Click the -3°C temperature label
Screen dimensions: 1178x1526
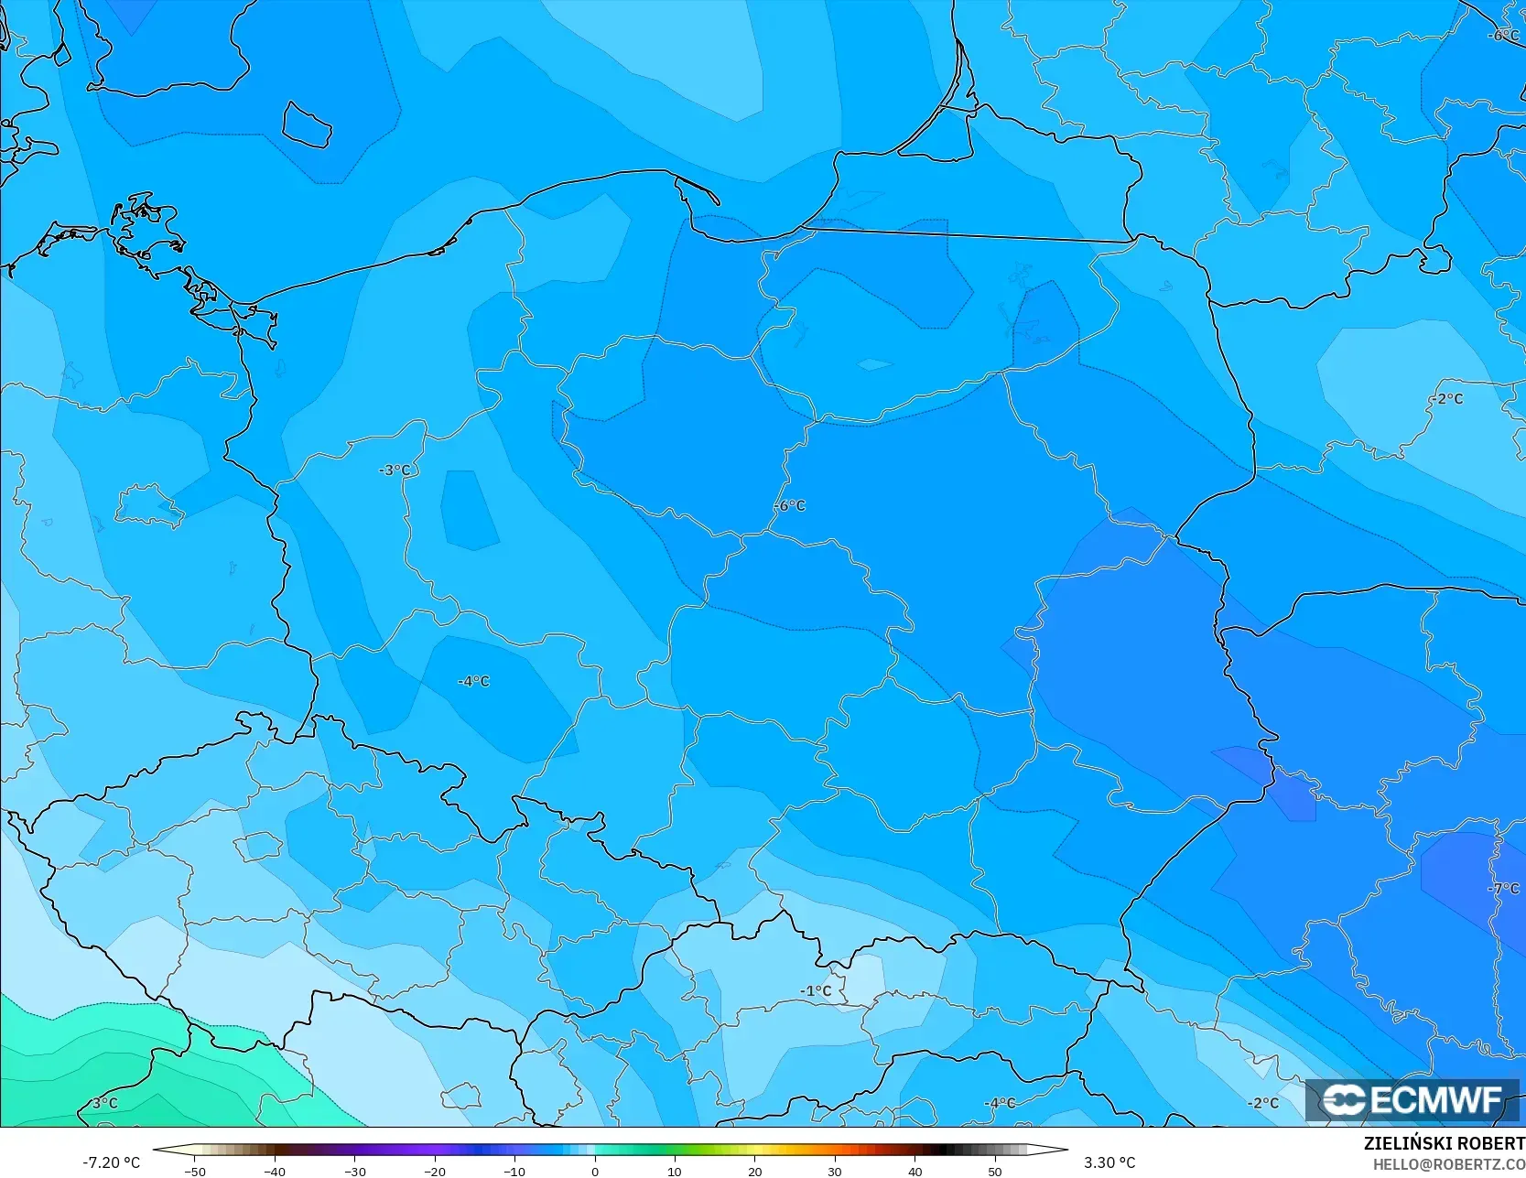[395, 470]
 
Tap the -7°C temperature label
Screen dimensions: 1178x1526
[1503, 889]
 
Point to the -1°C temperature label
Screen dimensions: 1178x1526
[816, 991]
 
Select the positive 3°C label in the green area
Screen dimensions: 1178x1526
[104, 1103]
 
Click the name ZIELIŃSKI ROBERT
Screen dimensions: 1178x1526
[1444, 1144]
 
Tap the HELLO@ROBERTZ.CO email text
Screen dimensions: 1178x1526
[1448, 1163]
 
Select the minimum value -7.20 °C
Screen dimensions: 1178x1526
[112, 1162]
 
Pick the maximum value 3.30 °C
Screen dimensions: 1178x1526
[1109, 1162]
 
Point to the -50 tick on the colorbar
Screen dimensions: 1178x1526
[195, 1171]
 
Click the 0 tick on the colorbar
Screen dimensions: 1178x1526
[595, 1171]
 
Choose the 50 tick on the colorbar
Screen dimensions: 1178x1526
[995, 1171]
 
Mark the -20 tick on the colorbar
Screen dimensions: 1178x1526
[435, 1171]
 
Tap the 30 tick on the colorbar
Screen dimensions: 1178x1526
[835, 1171]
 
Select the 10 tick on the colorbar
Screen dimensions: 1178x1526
[675, 1171]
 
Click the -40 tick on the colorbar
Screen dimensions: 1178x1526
[275, 1171]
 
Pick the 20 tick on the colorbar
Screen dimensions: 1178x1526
[755, 1171]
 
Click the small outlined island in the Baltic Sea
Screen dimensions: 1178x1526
[306, 124]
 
